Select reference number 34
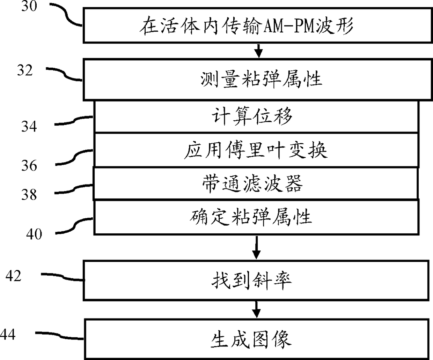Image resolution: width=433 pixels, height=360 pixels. click(x=29, y=126)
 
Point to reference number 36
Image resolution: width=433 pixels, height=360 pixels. click(x=29, y=165)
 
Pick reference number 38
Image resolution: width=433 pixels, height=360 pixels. click(x=29, y=194)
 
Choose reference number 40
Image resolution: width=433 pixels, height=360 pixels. click(x=34, y=234)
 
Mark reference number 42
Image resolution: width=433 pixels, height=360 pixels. click(x=13, y=276)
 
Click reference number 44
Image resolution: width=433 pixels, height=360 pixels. click(x=8, y=335)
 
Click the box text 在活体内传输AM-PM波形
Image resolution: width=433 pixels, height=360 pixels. click(x=247, y=27)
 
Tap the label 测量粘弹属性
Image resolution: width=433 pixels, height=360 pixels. click(x=261, y=79)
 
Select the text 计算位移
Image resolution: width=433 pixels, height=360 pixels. click(x=252, y=116)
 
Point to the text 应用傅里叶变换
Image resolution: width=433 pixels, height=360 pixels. click(x=256, y=151)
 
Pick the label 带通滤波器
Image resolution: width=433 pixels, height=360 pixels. click(x=252, y=183)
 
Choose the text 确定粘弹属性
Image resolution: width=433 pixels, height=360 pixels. click(x=251, y=217)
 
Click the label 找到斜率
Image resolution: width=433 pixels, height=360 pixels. click(x=251, y=280)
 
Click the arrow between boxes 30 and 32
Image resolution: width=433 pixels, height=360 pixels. click(x=258, y=51)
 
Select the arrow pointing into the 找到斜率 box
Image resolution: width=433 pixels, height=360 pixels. click(x=257, y=248)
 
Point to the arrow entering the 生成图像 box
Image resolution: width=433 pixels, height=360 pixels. click(x=257, y=309)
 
